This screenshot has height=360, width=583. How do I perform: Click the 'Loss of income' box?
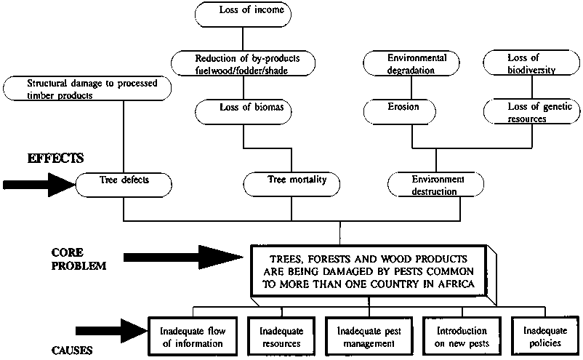(x=244, y=12)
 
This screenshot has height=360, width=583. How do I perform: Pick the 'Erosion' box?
(x=401, y=109)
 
